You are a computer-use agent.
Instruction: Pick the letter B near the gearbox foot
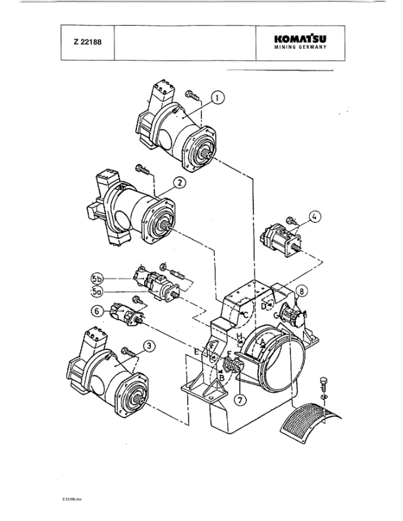coord(222,379)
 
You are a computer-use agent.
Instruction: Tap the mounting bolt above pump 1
coord(192,95)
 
